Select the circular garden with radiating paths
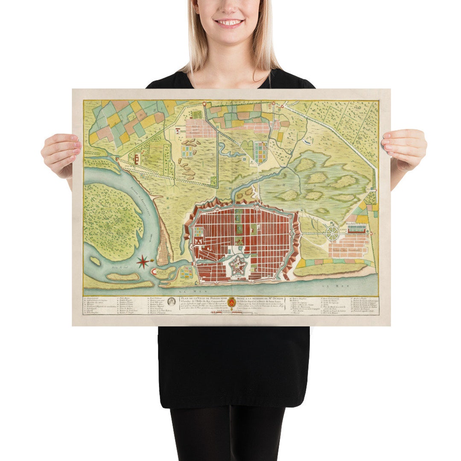[333, 232]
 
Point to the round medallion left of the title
[172, 301]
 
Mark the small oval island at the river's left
[95, 260]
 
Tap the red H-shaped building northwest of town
[137, 160]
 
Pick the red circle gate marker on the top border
[204, 103]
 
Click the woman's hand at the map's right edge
[405, 149]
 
